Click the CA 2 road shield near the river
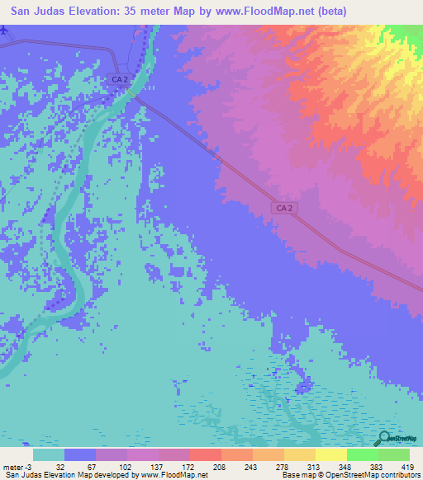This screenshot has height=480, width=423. [x=119, y=79]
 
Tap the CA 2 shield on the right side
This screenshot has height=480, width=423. [x=283, y=209]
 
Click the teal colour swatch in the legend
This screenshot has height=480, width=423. [x=49, y=454]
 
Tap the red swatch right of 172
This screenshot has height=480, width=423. [x=205, y=454]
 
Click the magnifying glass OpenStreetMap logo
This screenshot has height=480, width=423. [x=383, y=439]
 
